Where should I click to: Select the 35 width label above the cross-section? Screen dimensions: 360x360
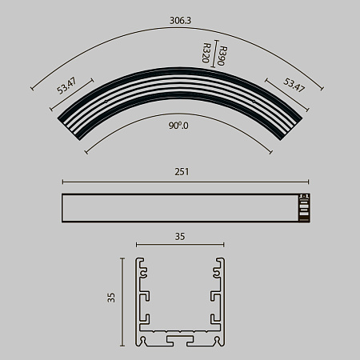pos(179,236)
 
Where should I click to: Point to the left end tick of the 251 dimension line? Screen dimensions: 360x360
pos(62,180)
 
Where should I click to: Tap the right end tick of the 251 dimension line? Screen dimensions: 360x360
pos(309,180)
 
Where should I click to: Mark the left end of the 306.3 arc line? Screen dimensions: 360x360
pos(32,88)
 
